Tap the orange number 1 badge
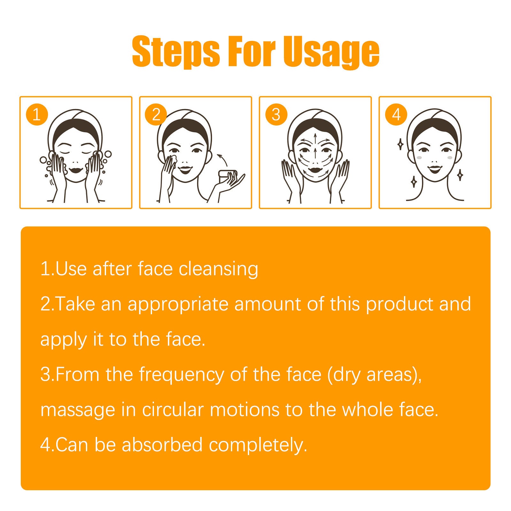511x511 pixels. (x=37, y=114)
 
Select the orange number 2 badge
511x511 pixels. (x=156, y=114)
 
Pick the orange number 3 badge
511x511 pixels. (x=276, y=114)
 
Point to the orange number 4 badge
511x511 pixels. (x=396, y=114)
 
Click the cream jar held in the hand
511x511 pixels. (x=227, y=177)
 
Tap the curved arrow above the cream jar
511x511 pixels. (x=223, y=159)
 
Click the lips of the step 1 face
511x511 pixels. (x=76, y=168)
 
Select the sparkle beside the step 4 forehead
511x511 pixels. (x=400, y=144)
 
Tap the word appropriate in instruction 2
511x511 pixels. (x=178, y=304)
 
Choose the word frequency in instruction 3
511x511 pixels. (x=181, y=375)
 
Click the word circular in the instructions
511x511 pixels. (x=173, y=410)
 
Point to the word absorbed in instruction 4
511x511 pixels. (x=162, y=445)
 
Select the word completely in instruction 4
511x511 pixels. (x=258, y=445)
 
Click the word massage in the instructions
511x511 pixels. (x=78, y=410)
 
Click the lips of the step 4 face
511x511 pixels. (x=435, y=168)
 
